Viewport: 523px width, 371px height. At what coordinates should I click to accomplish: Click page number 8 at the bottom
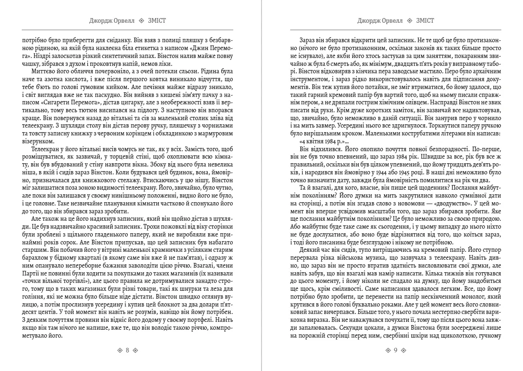pos(127,350)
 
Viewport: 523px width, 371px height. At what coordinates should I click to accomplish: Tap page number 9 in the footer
pos(396,350)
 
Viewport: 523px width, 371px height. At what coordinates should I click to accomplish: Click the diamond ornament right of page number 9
pos(404,350)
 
